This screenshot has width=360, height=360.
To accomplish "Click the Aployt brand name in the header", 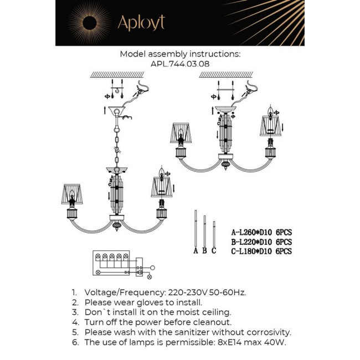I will [x=141, y=23].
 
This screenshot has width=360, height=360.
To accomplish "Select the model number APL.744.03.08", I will [x=180, y=64].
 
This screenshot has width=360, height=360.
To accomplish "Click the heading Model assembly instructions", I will [x=180, y=54].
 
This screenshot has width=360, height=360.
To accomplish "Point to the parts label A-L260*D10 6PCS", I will [x=261, y=233].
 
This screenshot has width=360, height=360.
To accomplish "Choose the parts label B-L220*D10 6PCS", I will [x=261, y=242].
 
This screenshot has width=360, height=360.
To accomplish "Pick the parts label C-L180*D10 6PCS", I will [x=261, y=251].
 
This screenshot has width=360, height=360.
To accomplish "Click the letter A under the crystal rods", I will [x=195, y=250].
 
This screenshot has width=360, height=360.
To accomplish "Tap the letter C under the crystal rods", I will [x=214, y=250].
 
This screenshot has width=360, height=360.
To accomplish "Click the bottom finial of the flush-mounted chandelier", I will [x=225, y=165].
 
